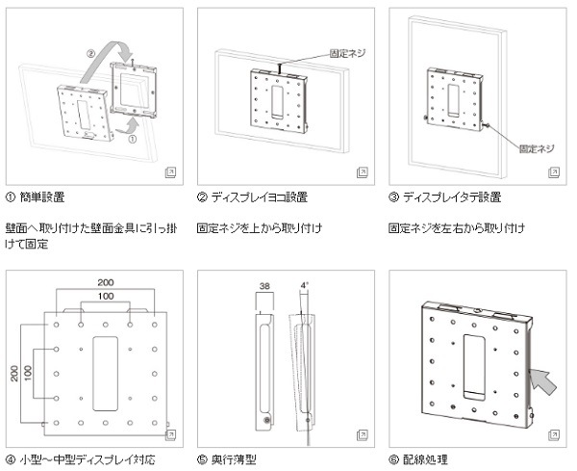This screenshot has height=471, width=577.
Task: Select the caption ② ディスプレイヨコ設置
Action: point(252,197)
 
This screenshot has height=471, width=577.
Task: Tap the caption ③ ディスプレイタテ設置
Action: point(444,197)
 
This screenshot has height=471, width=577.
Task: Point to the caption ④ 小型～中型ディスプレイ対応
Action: point(81,459)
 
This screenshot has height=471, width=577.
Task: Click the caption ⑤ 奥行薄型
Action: point(227,459)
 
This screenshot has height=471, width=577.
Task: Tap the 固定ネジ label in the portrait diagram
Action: point(537,149)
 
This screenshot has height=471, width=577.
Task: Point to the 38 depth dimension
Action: point(264,286)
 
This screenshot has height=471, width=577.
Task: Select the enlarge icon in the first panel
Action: point(170,170)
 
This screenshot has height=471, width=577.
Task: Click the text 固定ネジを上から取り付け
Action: point(259,228)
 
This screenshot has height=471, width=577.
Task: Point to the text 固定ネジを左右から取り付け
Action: point(457,228)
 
